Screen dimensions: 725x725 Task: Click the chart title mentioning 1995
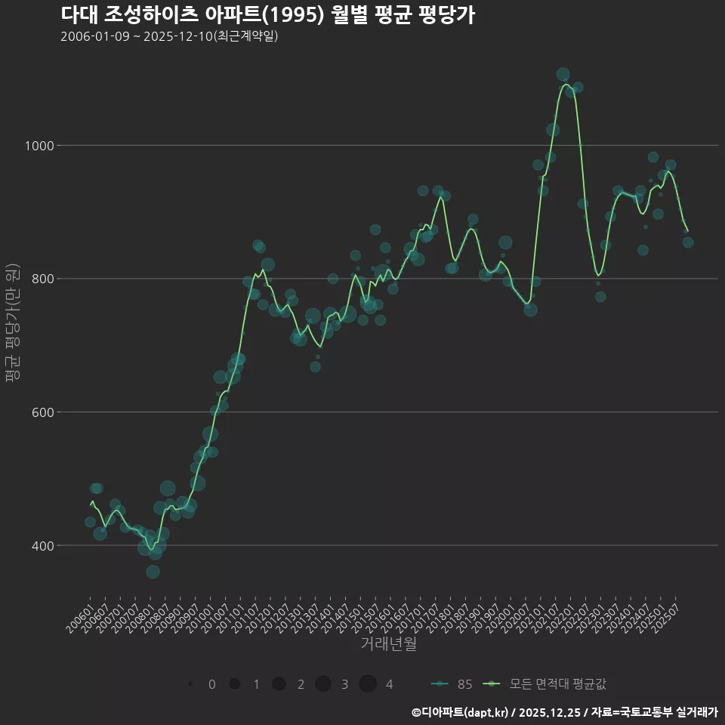[x=267, y=15]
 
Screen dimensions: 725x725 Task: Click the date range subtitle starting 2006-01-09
[x=169, y=36]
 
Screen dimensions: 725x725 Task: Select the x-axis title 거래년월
[x=388, y=643]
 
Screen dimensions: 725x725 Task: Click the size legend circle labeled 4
[x=368, y=684]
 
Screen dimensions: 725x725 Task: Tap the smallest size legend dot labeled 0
[x=190, y=684]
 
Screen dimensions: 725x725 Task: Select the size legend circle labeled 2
[x=279, y=684]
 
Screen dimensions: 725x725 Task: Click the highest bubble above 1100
[x=563, y=74]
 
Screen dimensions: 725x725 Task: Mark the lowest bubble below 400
[x=153, y=572]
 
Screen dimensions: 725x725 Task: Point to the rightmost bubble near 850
[x=688, y=242]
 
